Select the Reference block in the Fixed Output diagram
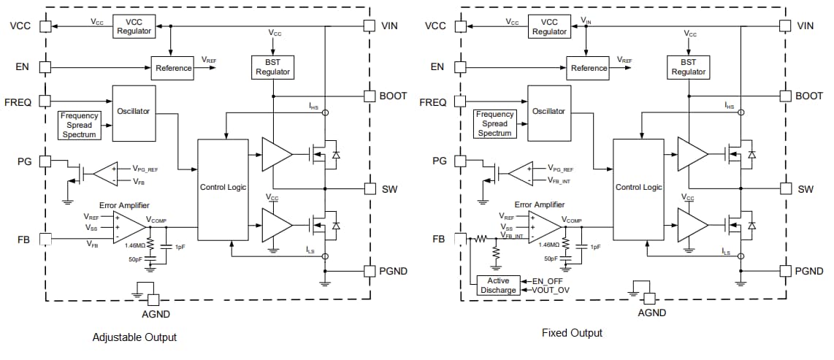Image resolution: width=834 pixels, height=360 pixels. click(589, 68)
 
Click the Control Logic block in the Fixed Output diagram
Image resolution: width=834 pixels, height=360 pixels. click(638, 188)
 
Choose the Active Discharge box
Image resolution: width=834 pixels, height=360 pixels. click(498, 286)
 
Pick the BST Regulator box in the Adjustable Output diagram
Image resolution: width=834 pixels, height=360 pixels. click(272, 67)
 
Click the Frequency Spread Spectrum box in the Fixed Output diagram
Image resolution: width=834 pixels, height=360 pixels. click(494, 123)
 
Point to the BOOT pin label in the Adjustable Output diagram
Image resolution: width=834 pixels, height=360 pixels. click(394, 96)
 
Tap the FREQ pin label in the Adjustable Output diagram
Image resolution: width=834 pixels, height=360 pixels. click(18, 102)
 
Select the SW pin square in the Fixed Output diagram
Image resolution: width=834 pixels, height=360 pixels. click(785, 188)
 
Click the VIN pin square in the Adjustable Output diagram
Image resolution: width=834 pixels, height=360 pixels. click(370, 26)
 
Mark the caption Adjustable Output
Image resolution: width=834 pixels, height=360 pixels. click(134, 337)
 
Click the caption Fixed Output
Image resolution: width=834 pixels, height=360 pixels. click(572, 333)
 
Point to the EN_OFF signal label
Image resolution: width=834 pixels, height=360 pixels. click(547, 280)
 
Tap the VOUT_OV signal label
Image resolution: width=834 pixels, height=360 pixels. click(549, 290)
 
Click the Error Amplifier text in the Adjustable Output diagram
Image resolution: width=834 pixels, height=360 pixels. click(129, 205)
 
